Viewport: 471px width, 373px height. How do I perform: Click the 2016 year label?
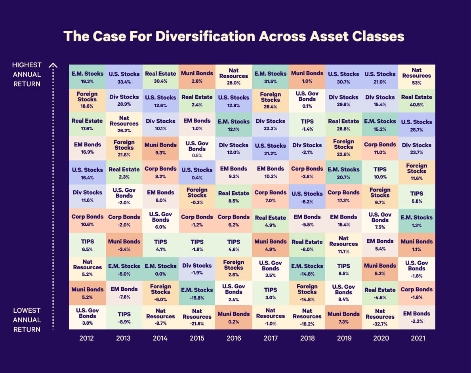click(234, 338)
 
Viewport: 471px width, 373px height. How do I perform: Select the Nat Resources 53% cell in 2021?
click(417, 76)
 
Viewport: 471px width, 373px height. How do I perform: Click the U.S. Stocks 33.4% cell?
click(124, 77)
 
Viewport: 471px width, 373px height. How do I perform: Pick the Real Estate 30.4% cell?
click(160, 77)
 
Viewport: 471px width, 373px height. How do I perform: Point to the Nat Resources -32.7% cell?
click(380, 317)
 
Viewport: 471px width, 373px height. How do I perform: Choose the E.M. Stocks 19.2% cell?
click(88, 77)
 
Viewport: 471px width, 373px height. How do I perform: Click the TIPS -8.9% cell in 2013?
click(124, 317)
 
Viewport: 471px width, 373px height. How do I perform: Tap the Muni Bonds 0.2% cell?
click(234, 317)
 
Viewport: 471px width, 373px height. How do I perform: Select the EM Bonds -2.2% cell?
click(417, 317)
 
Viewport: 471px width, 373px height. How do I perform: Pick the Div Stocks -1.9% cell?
click(197, 269)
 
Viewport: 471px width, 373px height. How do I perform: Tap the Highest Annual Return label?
click(27, 74)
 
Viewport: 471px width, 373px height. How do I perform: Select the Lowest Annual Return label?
click(27, 320)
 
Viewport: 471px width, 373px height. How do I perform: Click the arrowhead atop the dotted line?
click(53, 66)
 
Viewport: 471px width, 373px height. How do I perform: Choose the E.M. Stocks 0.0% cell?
click(160, 269)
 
